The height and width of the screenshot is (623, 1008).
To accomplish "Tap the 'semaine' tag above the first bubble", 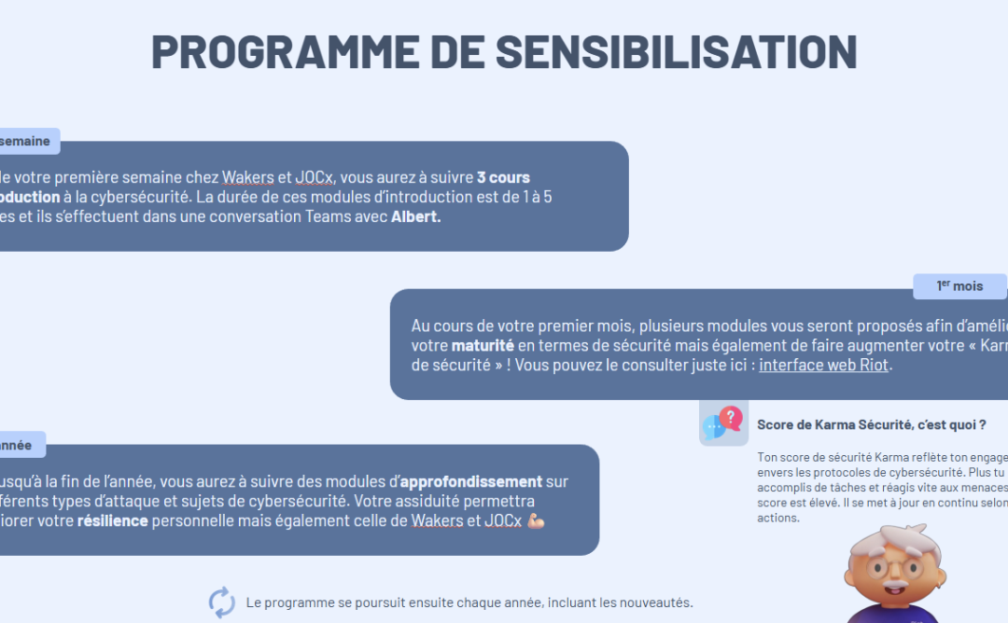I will click(26, 141).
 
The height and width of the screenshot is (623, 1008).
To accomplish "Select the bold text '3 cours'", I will click(503, 177).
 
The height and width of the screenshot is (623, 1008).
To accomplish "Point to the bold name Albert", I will click(415, 216).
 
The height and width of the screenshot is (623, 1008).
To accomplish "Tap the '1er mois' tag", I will click(959, 286).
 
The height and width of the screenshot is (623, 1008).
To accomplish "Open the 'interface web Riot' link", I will click(824, 365).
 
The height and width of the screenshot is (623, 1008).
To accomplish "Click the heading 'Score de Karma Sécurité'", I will click(871, 424).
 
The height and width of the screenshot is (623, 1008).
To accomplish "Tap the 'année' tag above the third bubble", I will click(17, 445).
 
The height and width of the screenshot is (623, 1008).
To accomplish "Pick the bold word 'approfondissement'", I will click(471, 481).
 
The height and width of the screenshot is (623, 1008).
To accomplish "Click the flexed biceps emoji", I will click(535, 520).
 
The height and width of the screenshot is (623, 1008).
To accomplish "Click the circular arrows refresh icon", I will click(221, 602).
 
